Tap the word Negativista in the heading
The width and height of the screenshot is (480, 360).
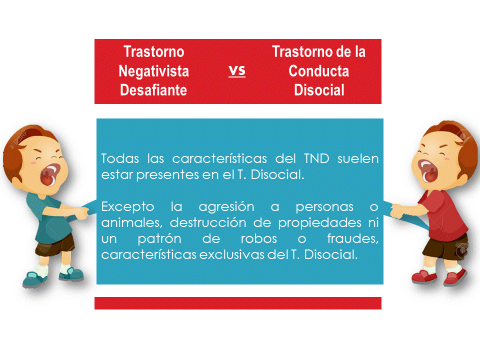click(x=153, y=71)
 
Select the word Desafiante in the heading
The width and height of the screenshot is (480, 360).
click(x=153, y=90)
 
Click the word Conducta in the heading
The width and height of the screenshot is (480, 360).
click(x=318, y=71)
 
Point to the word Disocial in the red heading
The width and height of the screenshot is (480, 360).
click(x=318, y=90)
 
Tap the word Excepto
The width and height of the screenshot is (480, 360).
click(x=123, y=207)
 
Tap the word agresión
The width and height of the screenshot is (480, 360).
click(x=226, y=207)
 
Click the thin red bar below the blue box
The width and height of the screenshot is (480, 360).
click(x=238, y=303)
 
